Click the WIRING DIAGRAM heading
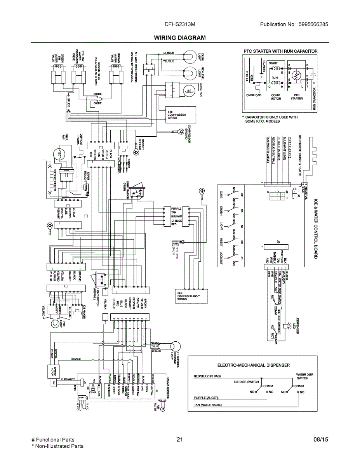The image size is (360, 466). (180, 38)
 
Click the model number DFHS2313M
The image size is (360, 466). (180, 24)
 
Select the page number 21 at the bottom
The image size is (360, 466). (179, 440)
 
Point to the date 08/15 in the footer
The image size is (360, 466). (321, 440)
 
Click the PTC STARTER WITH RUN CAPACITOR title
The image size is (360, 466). (280, 51)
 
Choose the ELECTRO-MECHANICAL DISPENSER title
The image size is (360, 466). (253, 365)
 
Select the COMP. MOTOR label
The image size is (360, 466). (275, 97)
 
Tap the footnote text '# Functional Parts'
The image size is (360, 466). (53, 440)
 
